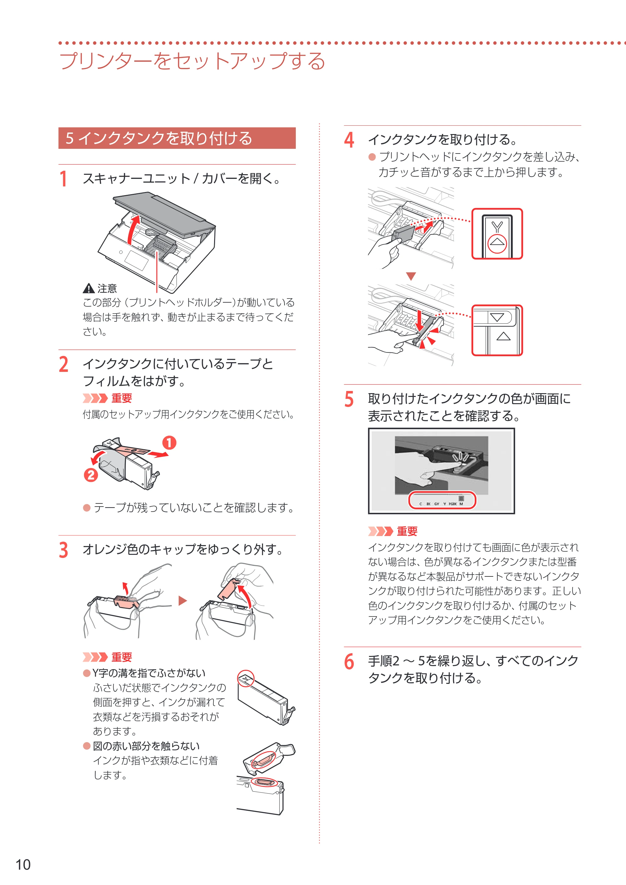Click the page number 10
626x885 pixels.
point(23,865)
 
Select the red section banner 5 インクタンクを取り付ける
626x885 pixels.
point(177,138)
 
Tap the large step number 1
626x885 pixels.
point(64,179)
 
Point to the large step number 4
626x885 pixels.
point(349,140)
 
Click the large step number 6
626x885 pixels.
point(349,662)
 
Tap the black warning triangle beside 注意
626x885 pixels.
point(89,288)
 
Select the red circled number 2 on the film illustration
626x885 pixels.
point(91,475)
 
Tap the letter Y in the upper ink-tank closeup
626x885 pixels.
point(497,226)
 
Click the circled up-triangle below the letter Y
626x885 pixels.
point(497,243)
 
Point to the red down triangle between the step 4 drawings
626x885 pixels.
point(411,276)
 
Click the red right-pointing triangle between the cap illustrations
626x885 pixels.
point(182,601)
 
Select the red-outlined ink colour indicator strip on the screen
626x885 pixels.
point(442,500)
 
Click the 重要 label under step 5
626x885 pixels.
point(407,531)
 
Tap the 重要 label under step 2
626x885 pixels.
point(122,398)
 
